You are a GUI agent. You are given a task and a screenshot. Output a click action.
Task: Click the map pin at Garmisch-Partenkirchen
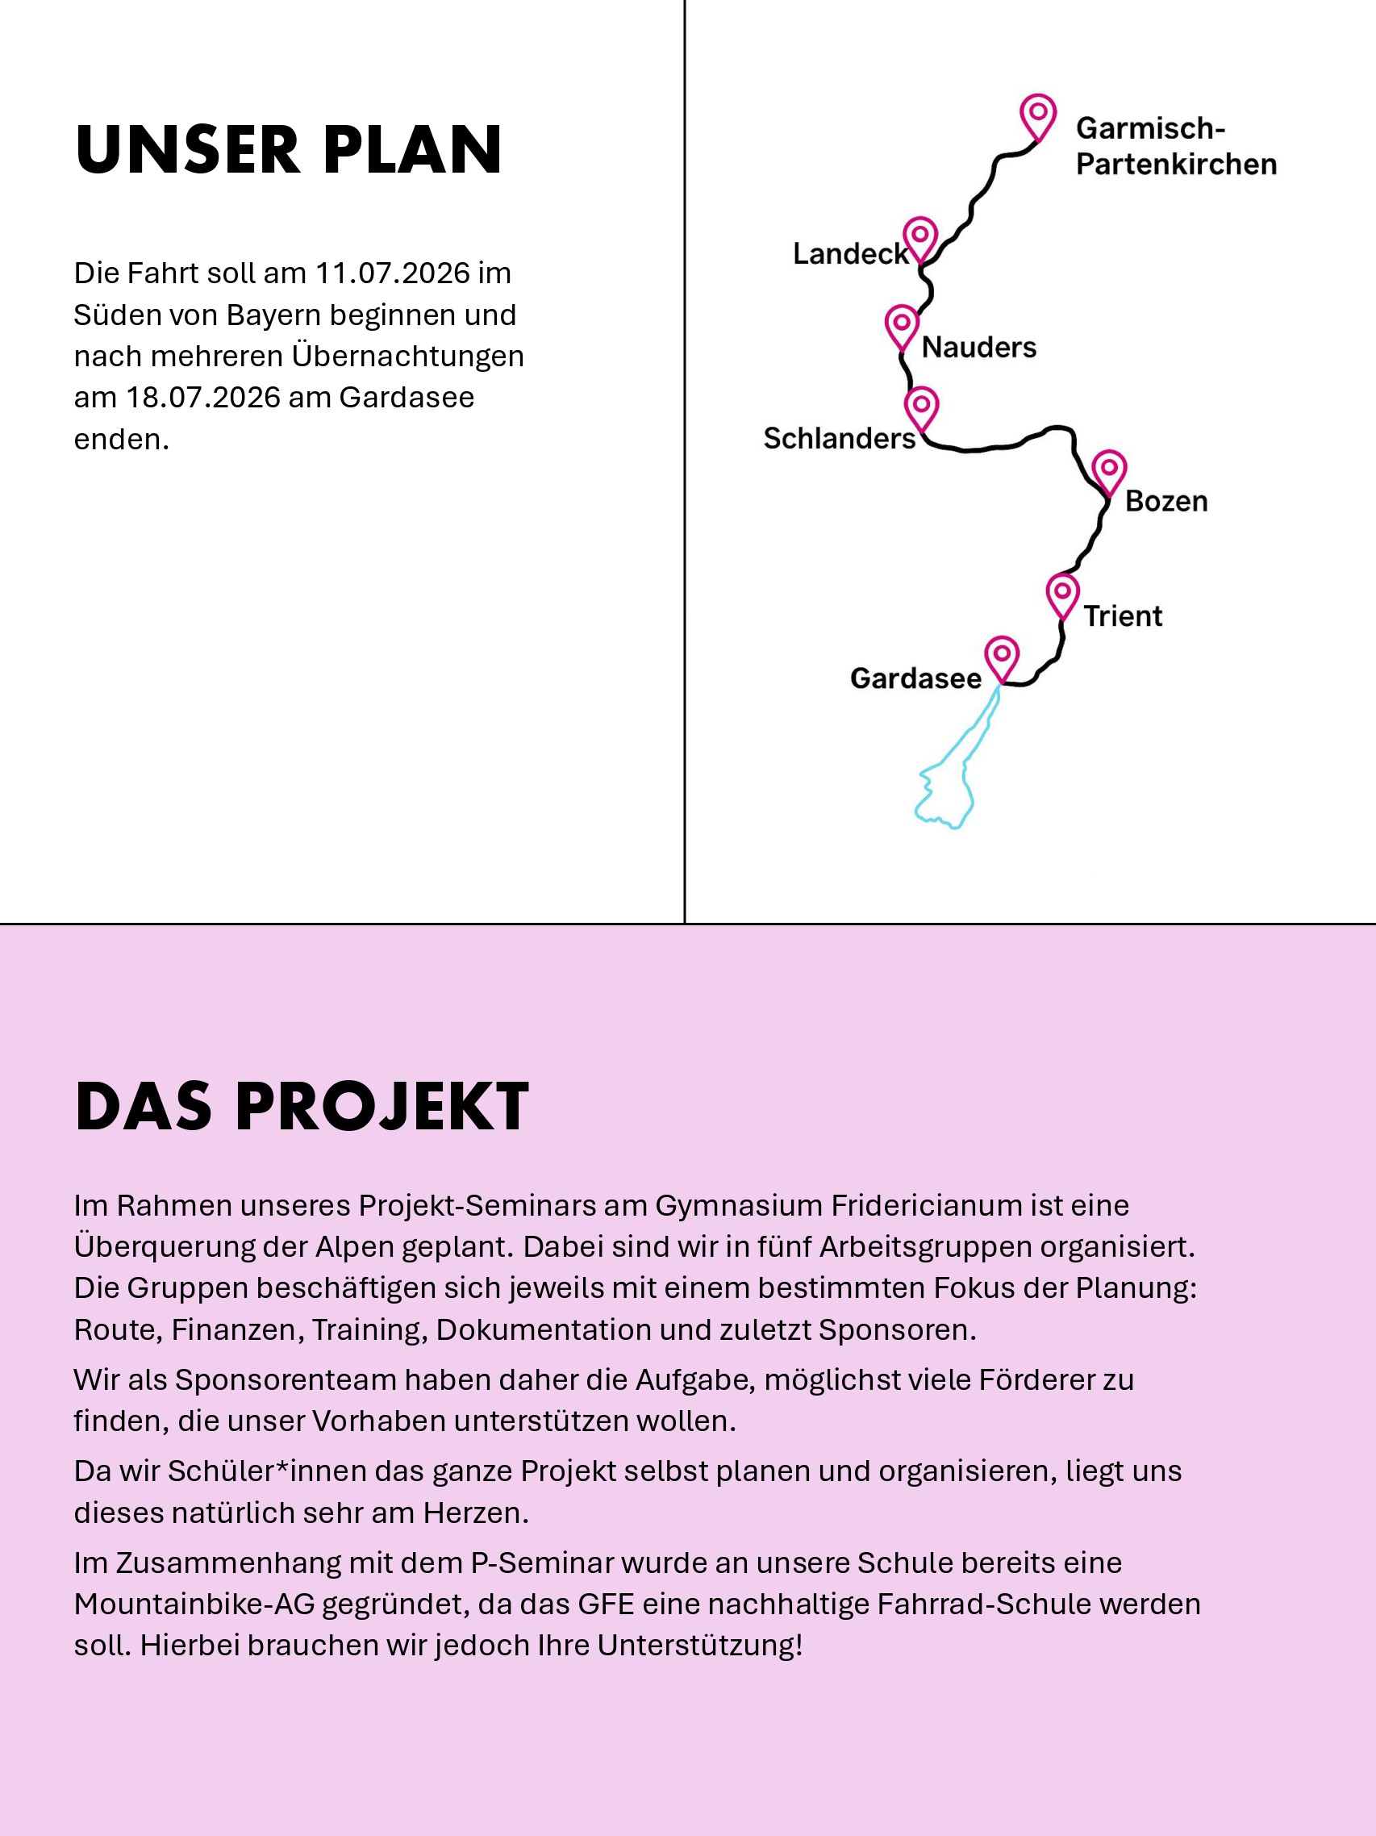(1037, 115)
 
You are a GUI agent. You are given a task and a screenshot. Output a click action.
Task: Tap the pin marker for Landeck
(920, 237)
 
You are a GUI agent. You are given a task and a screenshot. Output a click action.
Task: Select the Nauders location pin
(902, 324)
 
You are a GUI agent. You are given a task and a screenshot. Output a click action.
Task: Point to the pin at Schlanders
(921, 407)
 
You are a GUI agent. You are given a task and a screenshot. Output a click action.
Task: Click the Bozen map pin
(1109, 470)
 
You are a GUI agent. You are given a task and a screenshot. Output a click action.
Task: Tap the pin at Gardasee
(1002, 656)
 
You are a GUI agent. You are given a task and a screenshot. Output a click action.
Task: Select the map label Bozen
(1166, 501)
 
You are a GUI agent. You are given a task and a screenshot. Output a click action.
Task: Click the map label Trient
(1122, 615)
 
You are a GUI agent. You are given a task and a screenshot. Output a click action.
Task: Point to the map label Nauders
(978, 347)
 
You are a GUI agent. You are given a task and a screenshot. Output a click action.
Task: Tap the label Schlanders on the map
(839, 438)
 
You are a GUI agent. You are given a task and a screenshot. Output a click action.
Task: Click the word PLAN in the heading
(412, 150)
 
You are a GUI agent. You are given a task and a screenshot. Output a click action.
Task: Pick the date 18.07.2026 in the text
(202, 398)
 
